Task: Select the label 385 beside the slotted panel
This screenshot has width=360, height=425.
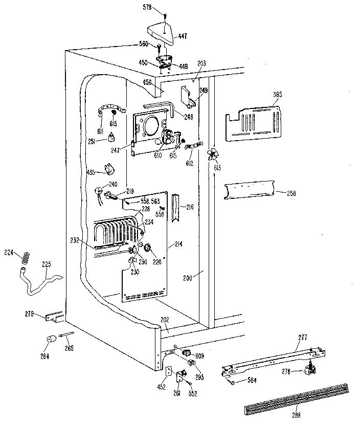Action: pyautogui.click(x=277, y=95)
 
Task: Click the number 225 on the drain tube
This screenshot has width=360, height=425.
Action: pyautogui.click(x=47, y=265)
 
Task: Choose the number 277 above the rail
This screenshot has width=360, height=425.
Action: pyautogui.click(x=303, y=337)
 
